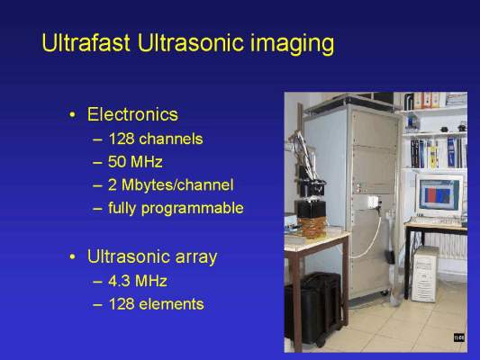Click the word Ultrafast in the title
86,42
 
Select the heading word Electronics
132,114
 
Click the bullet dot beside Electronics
72,115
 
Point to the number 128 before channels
122,139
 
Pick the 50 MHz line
135,161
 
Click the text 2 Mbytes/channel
171,185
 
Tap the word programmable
192,209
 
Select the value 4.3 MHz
138,281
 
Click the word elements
171,304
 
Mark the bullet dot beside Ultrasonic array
72,257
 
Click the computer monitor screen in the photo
439,194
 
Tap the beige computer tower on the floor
425,274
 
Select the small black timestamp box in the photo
459,337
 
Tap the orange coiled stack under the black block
312,228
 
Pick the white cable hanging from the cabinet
368,238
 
